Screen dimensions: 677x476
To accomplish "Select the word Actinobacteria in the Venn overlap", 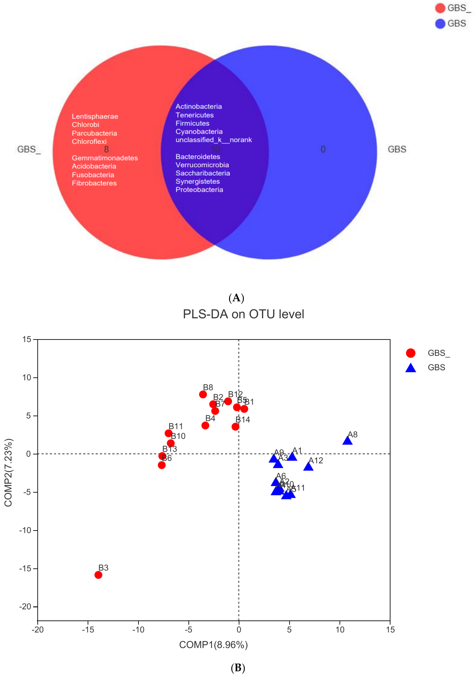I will pyautogui.click(x=199, y=107).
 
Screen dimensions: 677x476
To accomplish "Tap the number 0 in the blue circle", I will pyautogui.click(x=323, y=149).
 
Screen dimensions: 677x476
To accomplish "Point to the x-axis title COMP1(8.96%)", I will pyautogui.click(x=213, y=645).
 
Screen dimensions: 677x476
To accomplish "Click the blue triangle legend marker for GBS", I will pyautogui.click(x=411, y=368).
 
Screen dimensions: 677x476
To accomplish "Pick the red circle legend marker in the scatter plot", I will pyautogui.click(x=411, y=353).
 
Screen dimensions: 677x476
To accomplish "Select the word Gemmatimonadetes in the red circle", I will pyautogui.click(x=105, y=158).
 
